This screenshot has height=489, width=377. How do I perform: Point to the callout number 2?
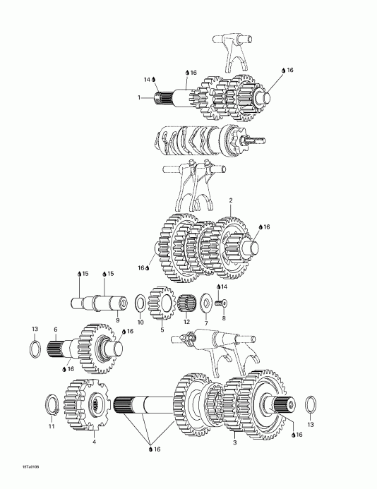pos(230,200)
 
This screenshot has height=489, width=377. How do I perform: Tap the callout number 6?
pos(55,329)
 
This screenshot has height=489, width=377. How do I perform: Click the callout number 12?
pos(187,322)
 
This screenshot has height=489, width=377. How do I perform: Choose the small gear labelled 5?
pos(162,303)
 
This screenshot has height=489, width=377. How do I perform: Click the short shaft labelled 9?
pos(99,303)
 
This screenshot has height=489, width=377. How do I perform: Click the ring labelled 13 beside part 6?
pos(34,348)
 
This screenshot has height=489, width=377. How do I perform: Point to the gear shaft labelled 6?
pos(88,348)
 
